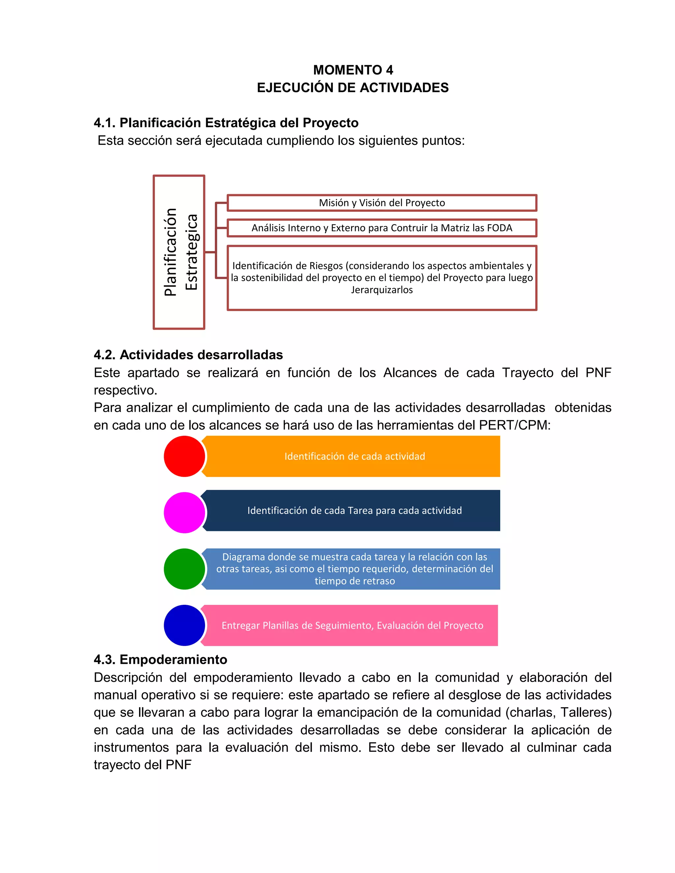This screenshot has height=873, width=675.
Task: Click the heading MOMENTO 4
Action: click(353, 70)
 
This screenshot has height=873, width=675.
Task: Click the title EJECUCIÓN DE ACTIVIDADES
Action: click(353, 88)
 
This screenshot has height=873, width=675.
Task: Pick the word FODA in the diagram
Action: click(500, 228)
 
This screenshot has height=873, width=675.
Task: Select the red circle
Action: click(184, 456)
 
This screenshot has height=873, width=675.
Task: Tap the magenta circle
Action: click(184, 513)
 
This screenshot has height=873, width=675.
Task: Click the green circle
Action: click(184, 569)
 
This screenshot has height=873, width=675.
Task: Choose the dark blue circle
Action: click(184, 625)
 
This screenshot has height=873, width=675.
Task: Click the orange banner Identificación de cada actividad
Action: click(354, 456)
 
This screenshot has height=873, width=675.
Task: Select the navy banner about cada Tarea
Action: click(354, 510)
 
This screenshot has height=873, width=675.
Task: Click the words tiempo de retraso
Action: click(354, 581)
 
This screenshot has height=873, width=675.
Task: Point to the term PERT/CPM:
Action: click(514, 425)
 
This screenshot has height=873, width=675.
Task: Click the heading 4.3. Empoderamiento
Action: click(161, 659)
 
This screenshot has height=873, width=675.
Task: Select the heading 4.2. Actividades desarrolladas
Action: click(188, 354)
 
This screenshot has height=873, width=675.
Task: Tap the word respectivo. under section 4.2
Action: click(126, 390)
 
